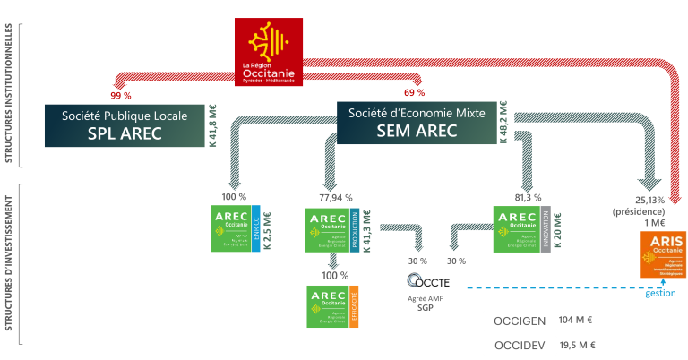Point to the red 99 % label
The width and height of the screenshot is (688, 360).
coord(120,94)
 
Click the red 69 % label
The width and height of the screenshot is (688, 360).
coord(414,93)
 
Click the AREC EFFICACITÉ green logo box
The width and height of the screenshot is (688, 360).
coord(332,307)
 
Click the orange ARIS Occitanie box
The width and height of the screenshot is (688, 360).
coord(662,253)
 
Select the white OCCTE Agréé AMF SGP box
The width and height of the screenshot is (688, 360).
coord(425,287)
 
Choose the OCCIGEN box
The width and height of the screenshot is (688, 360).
coord(516,320)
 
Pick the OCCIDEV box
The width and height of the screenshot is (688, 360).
coord(516,346)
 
